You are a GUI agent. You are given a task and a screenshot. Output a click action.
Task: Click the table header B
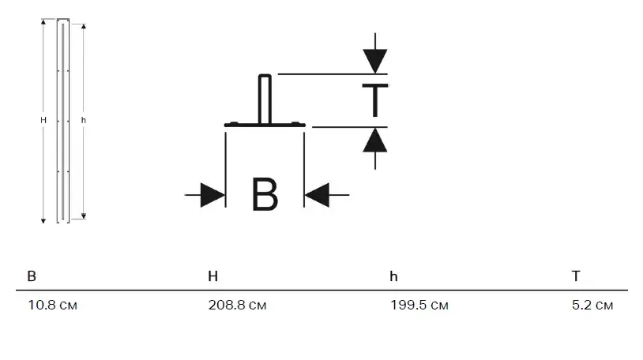point(32,276)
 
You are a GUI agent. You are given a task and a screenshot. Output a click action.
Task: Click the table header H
point(212,276)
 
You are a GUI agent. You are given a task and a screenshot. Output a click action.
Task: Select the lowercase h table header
point(393,276)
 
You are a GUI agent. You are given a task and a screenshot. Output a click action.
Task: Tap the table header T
point(576,276)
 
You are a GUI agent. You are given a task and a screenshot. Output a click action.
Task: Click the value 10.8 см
point(52,306)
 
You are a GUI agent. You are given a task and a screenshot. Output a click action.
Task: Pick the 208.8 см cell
point(237,306)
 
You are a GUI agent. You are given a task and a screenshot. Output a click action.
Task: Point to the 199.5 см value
point(419,306)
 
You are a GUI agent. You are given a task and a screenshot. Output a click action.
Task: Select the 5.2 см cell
point(592,306)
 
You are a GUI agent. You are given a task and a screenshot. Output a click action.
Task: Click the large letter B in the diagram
point(265,195)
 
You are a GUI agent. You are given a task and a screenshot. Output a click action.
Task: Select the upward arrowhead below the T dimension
point(375,140)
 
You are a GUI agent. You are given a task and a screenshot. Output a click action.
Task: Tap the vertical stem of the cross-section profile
point(265,99)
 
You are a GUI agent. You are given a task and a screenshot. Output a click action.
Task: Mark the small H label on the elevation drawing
point(43,120)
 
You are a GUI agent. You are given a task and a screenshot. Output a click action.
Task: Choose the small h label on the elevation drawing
point(84,120)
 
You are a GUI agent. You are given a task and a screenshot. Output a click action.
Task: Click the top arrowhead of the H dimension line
point(43,23)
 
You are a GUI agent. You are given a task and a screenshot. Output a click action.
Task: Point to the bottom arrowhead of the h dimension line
point(84,215)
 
